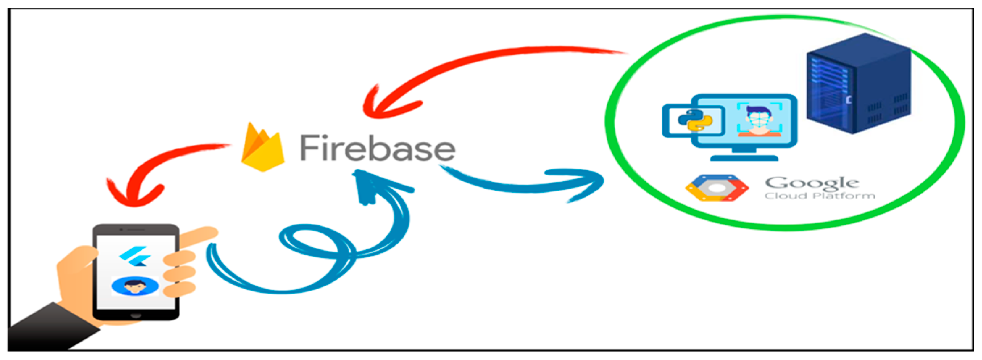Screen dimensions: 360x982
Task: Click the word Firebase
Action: point(377,148)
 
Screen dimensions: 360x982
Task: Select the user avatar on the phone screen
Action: point(135,286)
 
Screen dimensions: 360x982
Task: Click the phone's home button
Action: point(136,316)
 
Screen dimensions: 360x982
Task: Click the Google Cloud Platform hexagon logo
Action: point(717,188)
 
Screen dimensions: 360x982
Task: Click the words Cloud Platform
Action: point(820,196)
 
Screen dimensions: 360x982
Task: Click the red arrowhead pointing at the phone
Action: point(133,193)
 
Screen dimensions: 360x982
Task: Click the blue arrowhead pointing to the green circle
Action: point(583,183)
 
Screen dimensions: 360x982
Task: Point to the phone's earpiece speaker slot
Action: point(133,229)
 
